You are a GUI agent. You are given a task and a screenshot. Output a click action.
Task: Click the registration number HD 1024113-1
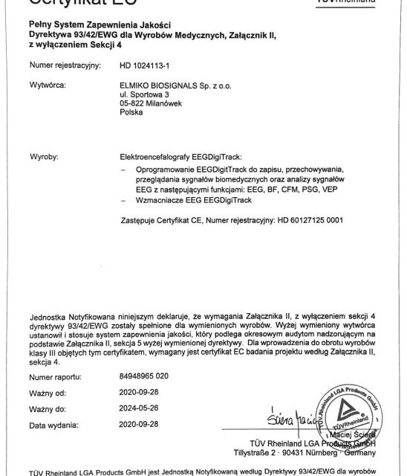pyautogui.click(x=144, y=65)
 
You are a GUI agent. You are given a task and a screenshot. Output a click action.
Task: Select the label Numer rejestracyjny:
pyautogui.click(x=65, y=65)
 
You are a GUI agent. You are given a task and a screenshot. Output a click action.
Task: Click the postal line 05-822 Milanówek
pyautogui.click(x=151, y=104)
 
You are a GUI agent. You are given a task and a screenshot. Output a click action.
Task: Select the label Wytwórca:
pyautogui.click(x=48, y=86)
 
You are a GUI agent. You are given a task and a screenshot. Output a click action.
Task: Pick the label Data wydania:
pyautogui.click(x=55, y=425)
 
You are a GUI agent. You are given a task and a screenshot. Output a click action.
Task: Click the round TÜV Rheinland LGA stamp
pyautogui.click(x=349, y=416)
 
